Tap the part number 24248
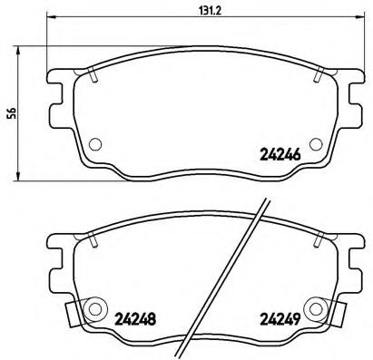tap(133, 317)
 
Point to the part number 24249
tap(278, 317)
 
